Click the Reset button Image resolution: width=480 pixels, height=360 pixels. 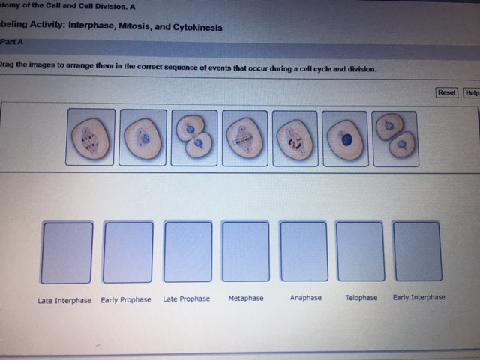pyautogui.click(x=446, y=92)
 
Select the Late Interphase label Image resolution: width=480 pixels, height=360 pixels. pyautogui.click(x=64, y=300)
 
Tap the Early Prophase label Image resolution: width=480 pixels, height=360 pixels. pyautogui.click(x=126, y=299)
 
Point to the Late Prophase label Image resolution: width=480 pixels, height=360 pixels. pyautogui.click(x=186, y=298)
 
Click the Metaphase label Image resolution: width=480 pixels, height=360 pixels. pyautogui.click(x=246, y=298)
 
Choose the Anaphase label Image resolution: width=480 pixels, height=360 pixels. pyautogui.click(x=305, y=298)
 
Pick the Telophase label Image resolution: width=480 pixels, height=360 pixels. pyautogui.click(x=361, y=298)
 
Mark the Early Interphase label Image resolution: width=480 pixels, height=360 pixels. pyautogui.click(x=418, y=297)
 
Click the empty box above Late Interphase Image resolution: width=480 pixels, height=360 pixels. pyautogui.click(x=67, y=252)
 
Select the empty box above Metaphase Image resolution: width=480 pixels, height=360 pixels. pyautogui.click(x=246, y=250)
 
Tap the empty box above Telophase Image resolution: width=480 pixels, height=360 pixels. pyautogui.click(x=361, y=250)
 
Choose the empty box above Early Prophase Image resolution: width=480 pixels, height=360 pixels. pyautogui.click(x=127, y=252)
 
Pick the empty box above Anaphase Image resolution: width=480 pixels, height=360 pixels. pyautogui.click(x=304, y=250)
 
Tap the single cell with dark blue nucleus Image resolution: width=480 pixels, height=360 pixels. pyautogui.click(x=345, y=138)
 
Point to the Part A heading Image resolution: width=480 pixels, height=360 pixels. pyautogui.click(x=13, y=43)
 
